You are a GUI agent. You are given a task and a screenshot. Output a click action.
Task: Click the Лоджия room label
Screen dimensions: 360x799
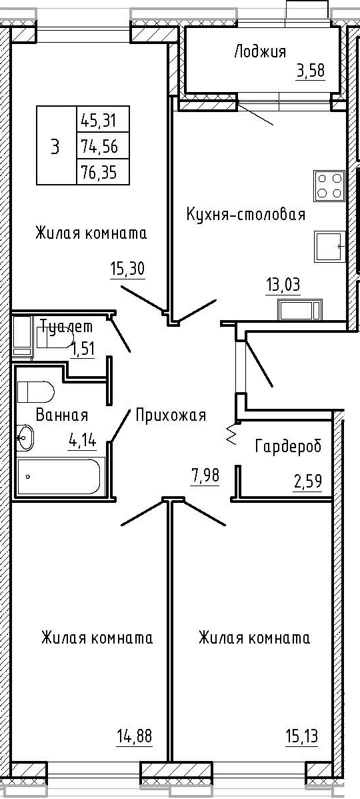coord(260,52)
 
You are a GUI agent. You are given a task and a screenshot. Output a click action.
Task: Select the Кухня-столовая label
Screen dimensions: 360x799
coord(246,214)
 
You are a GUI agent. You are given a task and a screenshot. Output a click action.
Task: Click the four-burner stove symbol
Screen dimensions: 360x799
coord(329,185)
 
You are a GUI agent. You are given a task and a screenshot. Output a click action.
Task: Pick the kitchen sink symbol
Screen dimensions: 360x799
coord(330,246)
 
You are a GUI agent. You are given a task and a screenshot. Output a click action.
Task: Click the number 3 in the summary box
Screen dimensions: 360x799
coord(55,148)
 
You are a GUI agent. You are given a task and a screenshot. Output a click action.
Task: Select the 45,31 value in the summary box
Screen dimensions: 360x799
coord(98,121)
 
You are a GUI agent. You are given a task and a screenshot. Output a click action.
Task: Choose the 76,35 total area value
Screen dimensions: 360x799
coord(98,173)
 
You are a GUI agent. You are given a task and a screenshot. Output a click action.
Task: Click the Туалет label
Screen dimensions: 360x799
coord(67,326)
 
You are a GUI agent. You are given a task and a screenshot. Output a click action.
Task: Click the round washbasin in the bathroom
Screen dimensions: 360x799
coord(25,438)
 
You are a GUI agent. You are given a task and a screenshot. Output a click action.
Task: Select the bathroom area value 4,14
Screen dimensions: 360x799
coord(83,439)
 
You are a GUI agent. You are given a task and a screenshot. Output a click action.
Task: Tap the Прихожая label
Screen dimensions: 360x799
coord(171,416)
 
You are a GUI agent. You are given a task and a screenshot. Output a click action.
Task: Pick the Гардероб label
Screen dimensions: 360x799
coord(288,447)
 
